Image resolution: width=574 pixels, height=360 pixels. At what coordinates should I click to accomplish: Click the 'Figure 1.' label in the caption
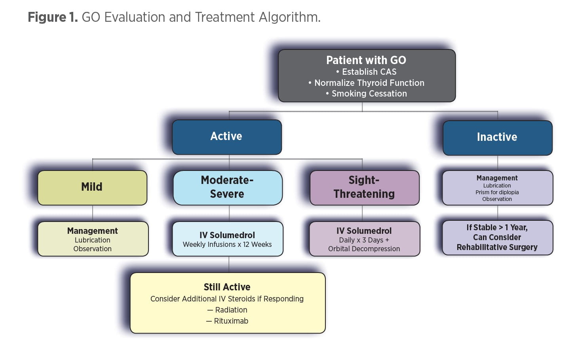click(52, 17)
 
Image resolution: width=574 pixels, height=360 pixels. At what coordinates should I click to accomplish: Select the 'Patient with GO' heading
click(366, 60)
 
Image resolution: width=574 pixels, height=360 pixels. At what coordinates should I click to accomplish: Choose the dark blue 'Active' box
click(226, 136)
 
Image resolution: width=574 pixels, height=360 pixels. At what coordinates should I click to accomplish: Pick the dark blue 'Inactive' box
click(497, 137)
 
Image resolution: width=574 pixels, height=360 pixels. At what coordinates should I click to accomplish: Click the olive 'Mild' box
click(92, 187)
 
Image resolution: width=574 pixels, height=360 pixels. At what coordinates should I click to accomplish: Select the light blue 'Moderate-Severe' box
click(227, 187)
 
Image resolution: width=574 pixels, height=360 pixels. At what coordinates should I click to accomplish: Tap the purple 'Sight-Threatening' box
click(364, 187)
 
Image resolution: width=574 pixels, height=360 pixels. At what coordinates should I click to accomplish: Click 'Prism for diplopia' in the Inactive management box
click(497, 192)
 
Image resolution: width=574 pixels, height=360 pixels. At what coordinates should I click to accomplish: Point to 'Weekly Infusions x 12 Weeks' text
click(227, 244)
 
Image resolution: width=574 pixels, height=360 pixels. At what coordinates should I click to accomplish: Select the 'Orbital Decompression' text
click(364, 249)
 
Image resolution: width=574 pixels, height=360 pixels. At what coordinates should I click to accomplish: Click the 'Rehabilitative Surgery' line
click(497, 247)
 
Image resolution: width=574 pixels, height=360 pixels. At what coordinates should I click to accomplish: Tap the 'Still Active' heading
click(227, 287)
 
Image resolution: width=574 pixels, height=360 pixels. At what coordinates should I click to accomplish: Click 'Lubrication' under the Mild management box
click(92, 240)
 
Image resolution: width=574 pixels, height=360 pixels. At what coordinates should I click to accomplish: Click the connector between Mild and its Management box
click(92, 213)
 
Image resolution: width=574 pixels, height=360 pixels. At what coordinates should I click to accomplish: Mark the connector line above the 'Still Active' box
click(229, 264)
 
